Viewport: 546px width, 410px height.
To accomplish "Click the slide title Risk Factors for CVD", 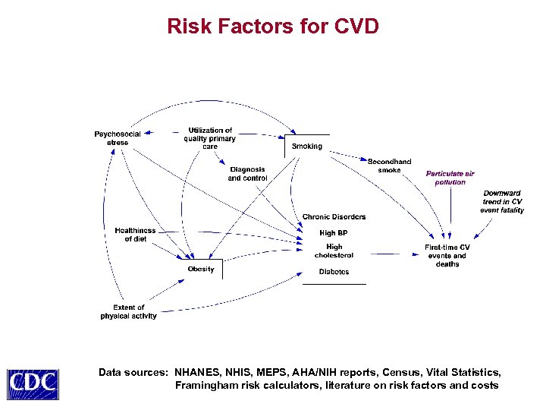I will click(272, 27).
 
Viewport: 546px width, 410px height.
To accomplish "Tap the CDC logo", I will click(33, 381).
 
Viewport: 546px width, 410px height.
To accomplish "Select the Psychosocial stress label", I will click(118, 138).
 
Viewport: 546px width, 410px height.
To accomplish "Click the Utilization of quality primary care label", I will click(210, 138).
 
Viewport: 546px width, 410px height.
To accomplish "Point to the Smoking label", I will click(307, 146).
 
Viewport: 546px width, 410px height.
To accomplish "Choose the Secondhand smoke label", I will click(389, 166).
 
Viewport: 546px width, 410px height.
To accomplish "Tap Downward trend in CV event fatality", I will click(501, 201).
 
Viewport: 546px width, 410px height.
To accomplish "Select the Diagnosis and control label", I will click(247, 174).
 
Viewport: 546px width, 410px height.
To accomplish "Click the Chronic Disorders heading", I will click(334, 217).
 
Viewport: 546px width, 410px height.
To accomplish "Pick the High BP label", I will click(334, 233).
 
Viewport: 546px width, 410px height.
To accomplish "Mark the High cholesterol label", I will click(334, 251).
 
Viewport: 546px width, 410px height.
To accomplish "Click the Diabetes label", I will click(334, 271).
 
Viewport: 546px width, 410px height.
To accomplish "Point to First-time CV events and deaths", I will click(447, 256).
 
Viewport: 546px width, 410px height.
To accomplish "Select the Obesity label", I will click(201, 269).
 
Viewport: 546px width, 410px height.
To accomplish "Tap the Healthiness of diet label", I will click(135, 235).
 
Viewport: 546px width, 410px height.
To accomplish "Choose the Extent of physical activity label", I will click(128, 312).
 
